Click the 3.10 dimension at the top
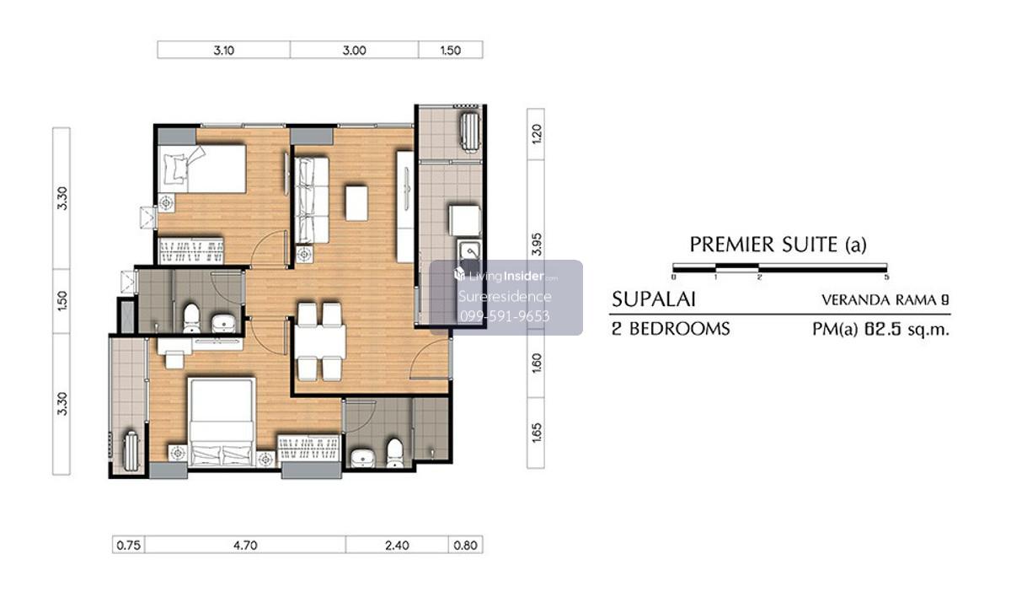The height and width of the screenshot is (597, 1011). pyautogui.click(x=224, y=50)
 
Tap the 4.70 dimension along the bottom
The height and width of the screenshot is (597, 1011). pyautogui.click(x=245, y=545)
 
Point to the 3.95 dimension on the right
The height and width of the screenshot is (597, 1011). pyautogui.click(x=536, y=245)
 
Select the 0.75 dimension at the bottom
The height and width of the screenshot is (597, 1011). pyautogui.click(x=129, y=545)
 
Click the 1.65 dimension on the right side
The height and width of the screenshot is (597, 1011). pyautogui.click(x=536, y=433)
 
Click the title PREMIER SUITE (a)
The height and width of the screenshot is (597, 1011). pyautogui.click(x=778, y=245)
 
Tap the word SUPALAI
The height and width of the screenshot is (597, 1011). pyautogui.click(x=653, y=299)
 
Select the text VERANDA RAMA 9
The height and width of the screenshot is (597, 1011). pyautogui.click(x=885, y=300)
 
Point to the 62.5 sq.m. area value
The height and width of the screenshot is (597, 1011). pyautogui.click(x=907, y=329)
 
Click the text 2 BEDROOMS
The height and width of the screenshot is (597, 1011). pyautogui.click(x=671, y=329)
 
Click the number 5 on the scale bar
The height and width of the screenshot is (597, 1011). pyautogui.click(x=886, y=277)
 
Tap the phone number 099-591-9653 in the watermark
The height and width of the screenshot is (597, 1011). pyautogui.click(x=505, y=316)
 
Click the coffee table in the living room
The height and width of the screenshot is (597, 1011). pyautogui.click(x=356, y=203)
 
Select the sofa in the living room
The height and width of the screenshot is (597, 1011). pyautogui.click(x=312, y=200)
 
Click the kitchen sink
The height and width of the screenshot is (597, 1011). pyautogui.click(x=470, y=251)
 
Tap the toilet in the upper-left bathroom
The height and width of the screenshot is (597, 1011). pyautogui.click(x=191, y=317)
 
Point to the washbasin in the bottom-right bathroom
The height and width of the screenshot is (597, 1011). pyautogui.click(x=362, y=458)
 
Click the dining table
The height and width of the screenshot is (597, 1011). pyautogui.click(x=320, y=342)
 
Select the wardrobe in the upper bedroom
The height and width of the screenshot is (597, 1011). pyautogui.click(x=191, y=250)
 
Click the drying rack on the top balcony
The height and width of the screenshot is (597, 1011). pyautogui.click(x=469, y=132)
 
